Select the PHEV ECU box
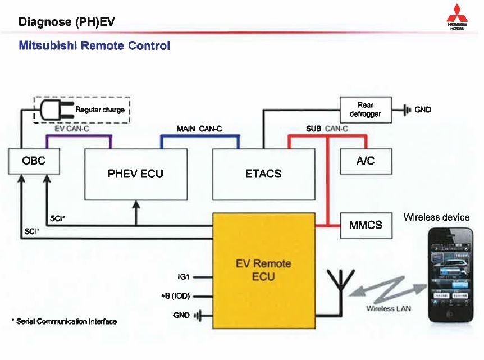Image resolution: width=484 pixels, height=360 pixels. pos(136,174)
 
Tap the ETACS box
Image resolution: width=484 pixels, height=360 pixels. pos(263,174)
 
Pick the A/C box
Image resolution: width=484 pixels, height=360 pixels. pos(365,161)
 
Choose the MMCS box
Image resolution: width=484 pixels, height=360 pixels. pos(365,225)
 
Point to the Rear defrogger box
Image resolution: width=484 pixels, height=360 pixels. pos(365,109)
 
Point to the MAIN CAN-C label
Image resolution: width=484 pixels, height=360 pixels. pos(199,129)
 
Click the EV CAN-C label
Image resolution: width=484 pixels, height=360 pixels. pos(71,129)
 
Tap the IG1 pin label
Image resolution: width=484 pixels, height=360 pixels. pos(184,277)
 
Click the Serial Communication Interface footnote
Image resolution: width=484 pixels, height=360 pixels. pos(64,321)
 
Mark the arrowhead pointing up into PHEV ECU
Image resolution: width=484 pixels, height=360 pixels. pos(136,206)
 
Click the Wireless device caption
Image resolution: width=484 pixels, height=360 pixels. pos(436,217)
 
